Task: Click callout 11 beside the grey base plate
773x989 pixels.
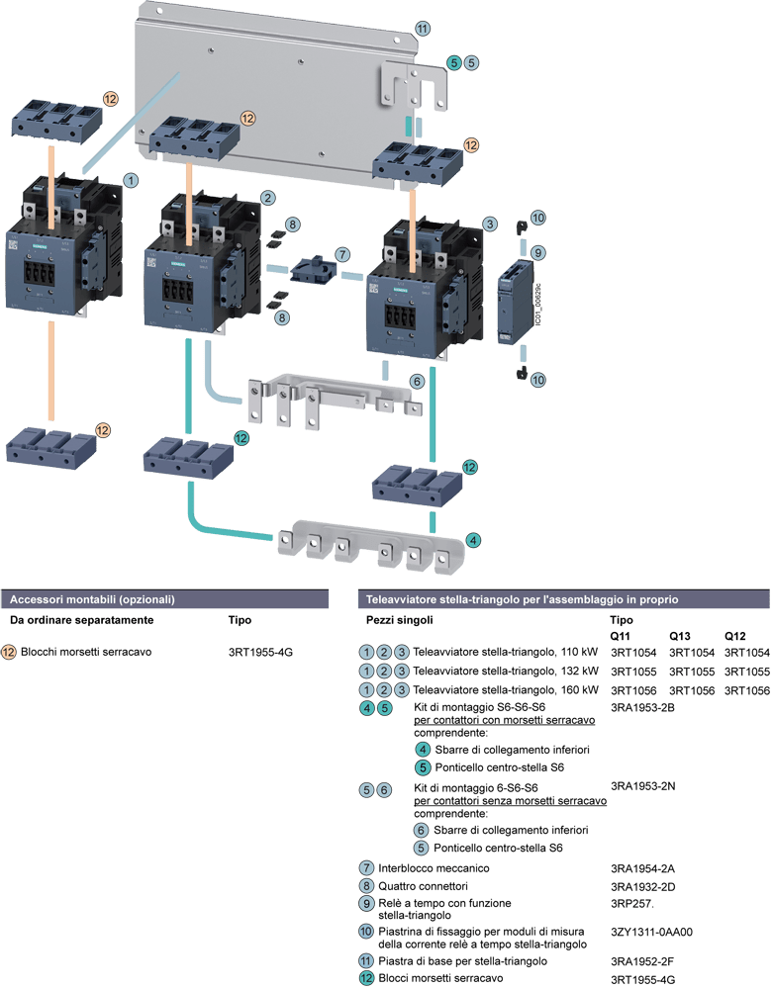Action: (x=423, y=28)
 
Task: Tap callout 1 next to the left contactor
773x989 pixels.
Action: (x=131, y=181)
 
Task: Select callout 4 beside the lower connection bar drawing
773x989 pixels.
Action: (x=474, y=540)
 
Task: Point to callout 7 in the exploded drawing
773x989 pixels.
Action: (x=341, y=254)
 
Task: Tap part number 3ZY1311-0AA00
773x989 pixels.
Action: (x=651, y=931)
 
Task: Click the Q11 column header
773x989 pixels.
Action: (x=622, y=634)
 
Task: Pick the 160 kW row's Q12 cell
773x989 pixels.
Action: (x=747, y=689)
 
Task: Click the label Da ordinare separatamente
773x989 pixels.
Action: (x=82, y=620)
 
